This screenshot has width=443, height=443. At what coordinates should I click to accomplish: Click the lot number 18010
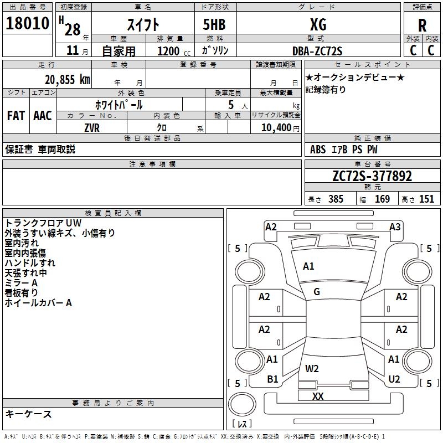pos(27,23)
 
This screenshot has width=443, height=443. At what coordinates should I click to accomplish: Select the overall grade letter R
pos(422,25)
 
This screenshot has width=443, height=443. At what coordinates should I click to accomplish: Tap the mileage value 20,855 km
pos(68,80)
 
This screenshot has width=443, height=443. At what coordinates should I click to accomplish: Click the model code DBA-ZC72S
pos(317,51)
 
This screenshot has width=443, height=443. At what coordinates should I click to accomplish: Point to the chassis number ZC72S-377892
pos(372,176)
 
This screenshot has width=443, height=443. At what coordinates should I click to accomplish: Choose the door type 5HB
pos(214,24)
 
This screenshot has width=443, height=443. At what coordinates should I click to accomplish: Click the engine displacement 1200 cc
pos(174,51)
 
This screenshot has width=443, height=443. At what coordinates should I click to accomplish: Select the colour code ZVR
pos(92,128)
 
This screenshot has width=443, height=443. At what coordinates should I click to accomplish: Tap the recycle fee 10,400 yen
pos(280,128)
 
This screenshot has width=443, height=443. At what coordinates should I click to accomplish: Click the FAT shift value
pos(16,116)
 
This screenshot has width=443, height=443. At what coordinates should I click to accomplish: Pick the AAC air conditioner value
pos(43,116)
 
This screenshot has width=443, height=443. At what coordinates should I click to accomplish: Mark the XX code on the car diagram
pos(318,396)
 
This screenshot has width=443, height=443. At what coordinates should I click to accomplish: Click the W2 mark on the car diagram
pos(312,368)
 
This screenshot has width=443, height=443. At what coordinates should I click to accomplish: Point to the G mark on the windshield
pos(317,292)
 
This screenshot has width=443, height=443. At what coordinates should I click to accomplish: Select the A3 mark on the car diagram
pos(395,227)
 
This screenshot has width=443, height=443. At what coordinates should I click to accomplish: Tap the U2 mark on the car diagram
pos(394,379)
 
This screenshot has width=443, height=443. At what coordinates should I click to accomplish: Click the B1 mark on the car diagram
pos(272,379)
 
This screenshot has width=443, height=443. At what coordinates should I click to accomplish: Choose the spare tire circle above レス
pos(242,404)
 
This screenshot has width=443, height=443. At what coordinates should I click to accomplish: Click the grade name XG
pos(318,24)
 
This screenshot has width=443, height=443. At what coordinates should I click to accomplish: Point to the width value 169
pos(382,199)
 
